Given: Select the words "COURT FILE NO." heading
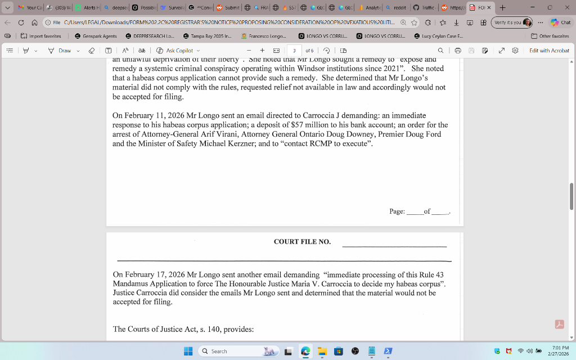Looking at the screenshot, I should (x=302, y=242).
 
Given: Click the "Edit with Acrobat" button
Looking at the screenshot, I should (x=549, y=51).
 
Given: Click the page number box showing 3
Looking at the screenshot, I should (x=294, y=51).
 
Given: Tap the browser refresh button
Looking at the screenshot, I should (x=21, y=22).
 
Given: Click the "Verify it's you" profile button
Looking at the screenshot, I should (x=512, y=22).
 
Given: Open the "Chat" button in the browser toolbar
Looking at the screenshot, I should (x=561, y=22).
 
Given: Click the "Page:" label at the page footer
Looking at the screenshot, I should (x=397, y=211).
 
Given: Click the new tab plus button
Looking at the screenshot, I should (x=502, y=8).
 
